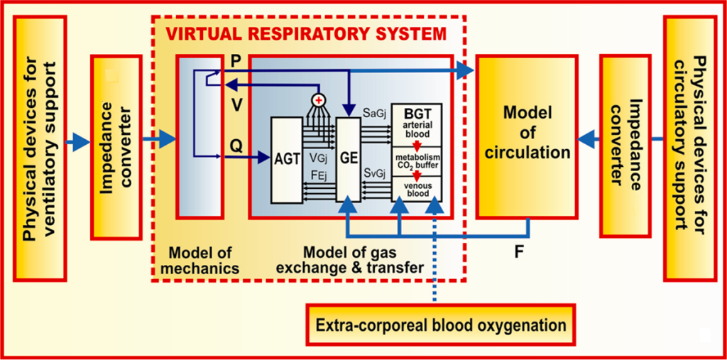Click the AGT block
(x=283, y=158)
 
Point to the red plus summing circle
(x=319, y=97)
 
